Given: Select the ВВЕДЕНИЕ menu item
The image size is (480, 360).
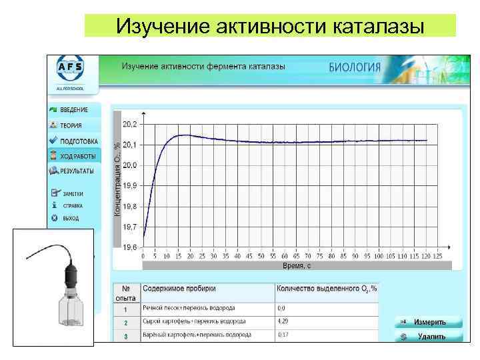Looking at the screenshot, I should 73,109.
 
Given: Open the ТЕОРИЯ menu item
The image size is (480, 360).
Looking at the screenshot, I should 70,125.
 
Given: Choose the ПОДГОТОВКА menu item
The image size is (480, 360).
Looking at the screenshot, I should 77,141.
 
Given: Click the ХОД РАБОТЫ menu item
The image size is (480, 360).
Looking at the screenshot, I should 77,157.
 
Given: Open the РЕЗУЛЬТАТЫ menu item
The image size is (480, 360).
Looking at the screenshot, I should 76,171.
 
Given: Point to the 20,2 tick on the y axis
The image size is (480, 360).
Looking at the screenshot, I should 130,124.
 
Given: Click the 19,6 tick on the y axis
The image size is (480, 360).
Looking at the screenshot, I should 130,247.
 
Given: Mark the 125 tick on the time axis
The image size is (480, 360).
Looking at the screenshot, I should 437,255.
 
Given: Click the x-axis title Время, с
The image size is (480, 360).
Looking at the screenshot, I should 297,265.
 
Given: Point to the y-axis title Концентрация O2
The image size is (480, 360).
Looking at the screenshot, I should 117,178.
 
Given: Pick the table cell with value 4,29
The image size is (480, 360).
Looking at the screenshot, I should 283,321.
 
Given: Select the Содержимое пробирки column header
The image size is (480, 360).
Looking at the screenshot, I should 179,289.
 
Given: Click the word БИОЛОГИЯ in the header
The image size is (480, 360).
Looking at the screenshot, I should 355,67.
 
